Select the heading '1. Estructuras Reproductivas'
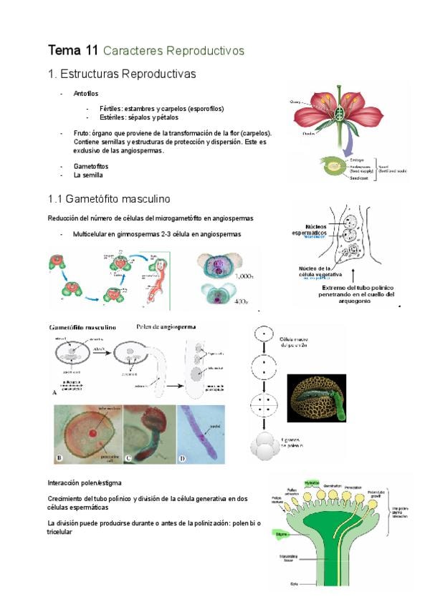pos(121,74)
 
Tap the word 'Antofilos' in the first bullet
pos(86,94)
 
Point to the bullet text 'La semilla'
pos(88,175)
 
